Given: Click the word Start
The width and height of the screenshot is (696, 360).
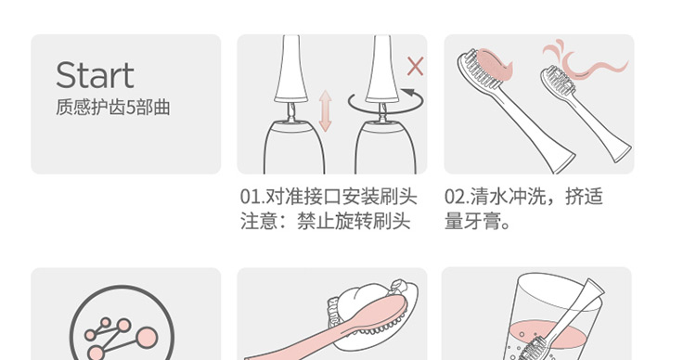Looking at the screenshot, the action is (x=95, y=75).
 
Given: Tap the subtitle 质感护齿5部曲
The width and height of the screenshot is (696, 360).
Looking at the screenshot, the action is (x=112, y=108).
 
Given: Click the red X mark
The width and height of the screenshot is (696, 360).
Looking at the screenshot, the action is (x=415, y=67).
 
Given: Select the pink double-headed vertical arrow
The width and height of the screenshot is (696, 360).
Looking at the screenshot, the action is (x=326, y=111).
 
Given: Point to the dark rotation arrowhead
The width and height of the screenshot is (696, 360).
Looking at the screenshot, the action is (x=408, y=93).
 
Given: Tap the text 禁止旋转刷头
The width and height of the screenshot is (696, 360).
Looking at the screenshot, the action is (x=354, y=221).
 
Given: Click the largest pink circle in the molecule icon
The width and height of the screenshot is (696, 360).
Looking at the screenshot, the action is (x=147, y=338).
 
